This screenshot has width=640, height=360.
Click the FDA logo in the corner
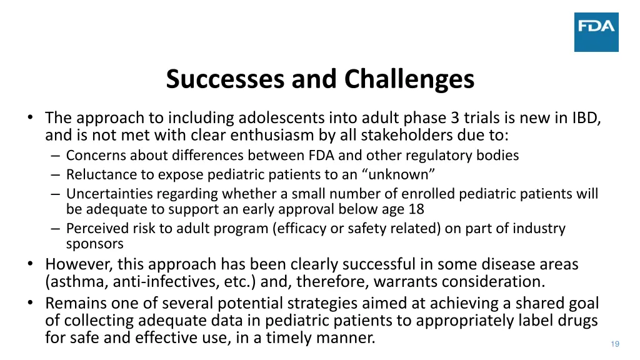[x=596, y=32]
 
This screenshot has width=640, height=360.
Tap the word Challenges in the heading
[x=409, y=80]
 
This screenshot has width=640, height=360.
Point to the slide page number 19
[x=614, y=344]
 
